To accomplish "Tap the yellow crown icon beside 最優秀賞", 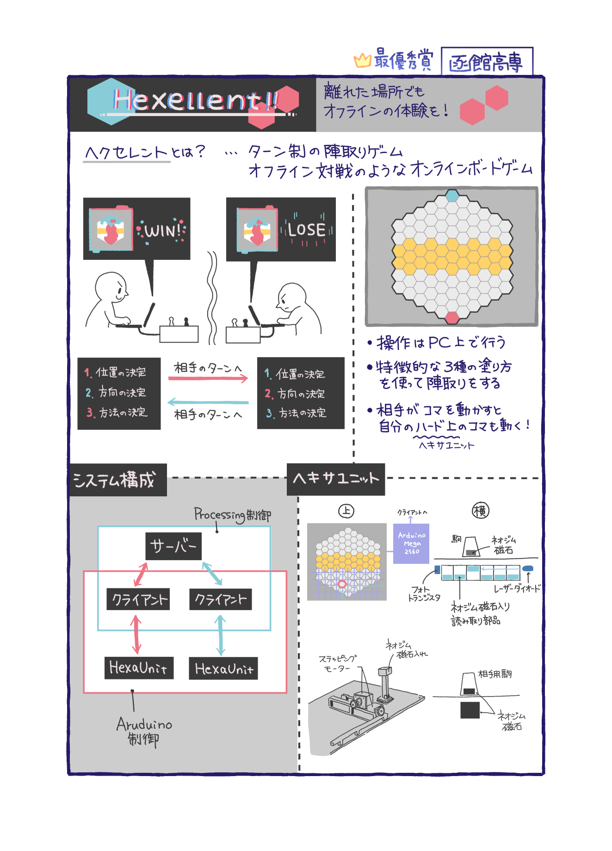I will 362,60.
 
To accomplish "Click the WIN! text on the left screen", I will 163,230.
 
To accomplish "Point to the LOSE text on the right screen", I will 307,229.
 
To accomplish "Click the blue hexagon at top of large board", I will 452,195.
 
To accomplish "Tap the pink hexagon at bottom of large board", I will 451,317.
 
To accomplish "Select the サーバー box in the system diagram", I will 173,546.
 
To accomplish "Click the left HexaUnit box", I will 139,668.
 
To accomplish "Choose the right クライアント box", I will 220,599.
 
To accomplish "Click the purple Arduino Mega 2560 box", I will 411,543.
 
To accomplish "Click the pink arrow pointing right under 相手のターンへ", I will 208,378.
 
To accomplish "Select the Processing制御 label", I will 233,515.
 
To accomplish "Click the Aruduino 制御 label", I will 144,731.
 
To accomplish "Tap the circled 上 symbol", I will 346,511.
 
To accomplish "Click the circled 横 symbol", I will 480,511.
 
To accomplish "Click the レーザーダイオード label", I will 517,589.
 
